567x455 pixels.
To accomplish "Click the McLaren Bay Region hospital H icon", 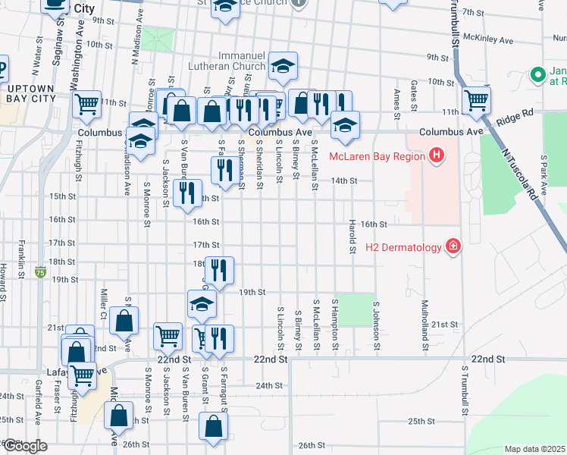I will point(435,157).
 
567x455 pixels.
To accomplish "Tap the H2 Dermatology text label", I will point(403,245).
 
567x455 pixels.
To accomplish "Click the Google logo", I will point(25,445).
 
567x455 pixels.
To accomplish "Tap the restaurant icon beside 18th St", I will point(218,271).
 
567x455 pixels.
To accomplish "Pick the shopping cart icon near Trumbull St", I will point(476,100).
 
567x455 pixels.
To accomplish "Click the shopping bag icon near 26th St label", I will point(213,427).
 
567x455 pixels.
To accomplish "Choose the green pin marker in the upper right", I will point(538,75).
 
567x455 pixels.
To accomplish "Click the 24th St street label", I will point(268,385).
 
